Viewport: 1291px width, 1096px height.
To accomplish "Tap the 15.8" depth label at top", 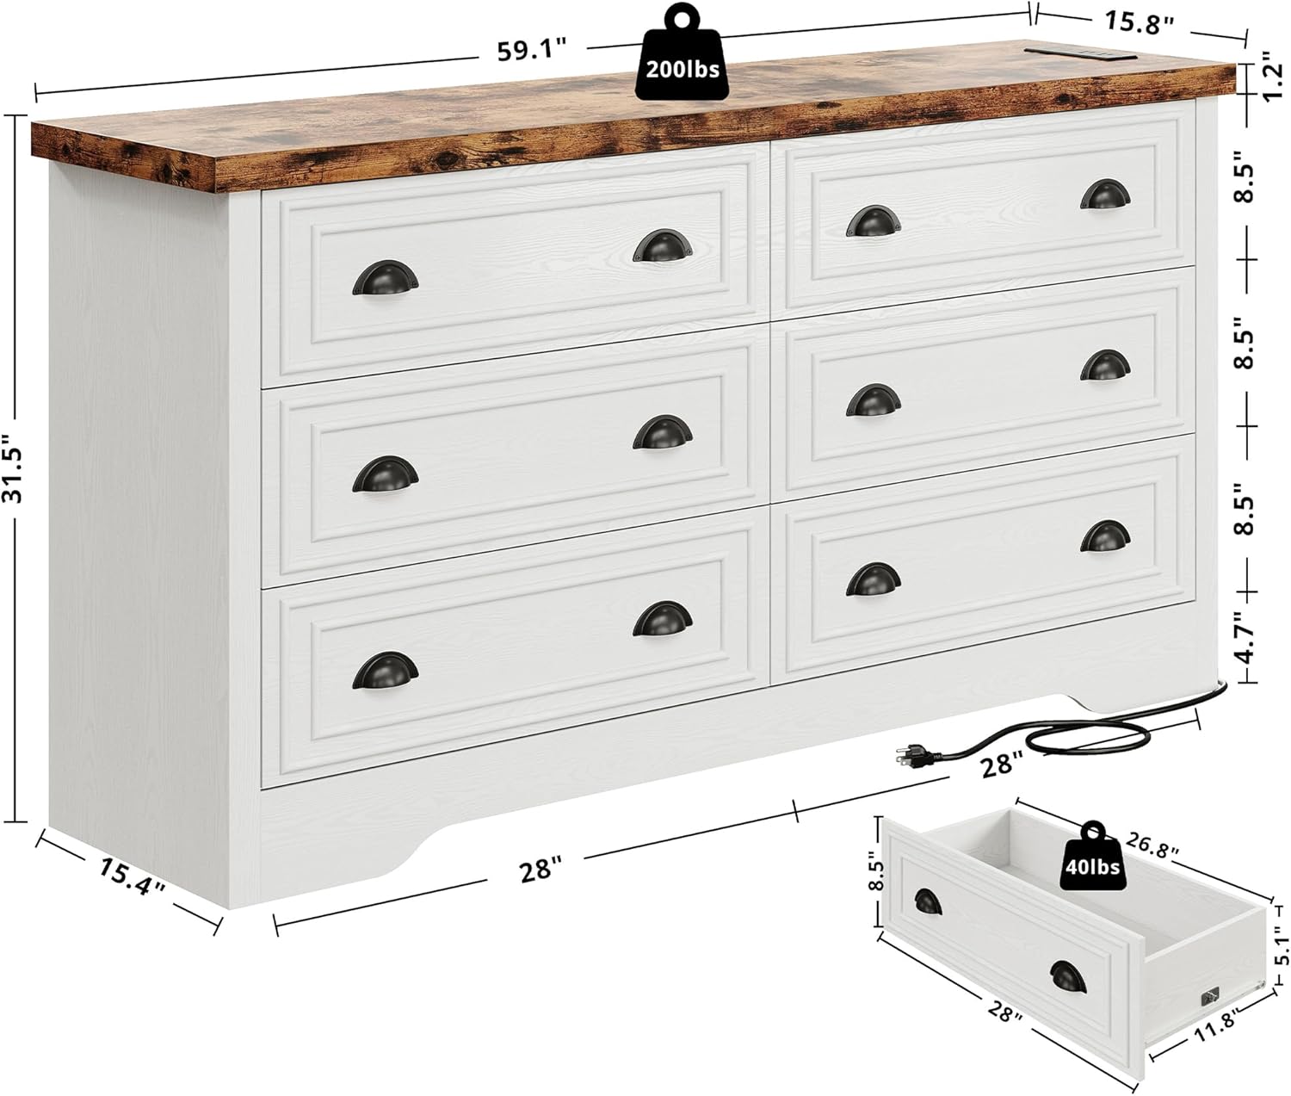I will pos(1139,22).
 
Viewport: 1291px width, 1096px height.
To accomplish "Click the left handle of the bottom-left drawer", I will pos(385,670).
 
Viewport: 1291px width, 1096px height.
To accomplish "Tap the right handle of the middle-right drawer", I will pos(1105,365).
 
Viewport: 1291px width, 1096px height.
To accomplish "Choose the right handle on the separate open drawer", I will pos(1068,975).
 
